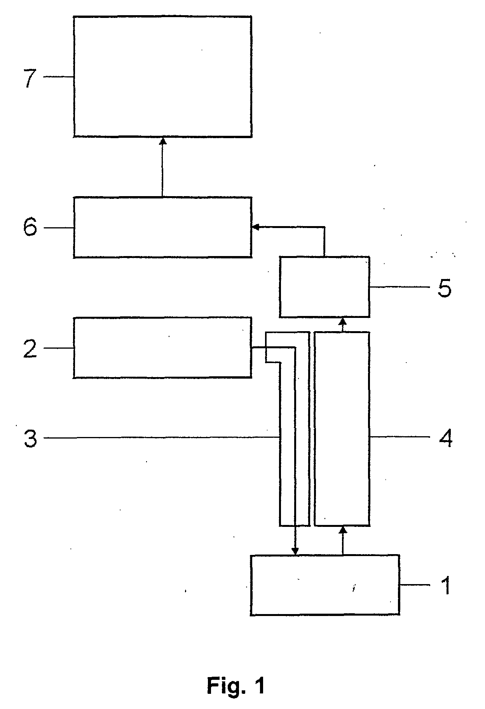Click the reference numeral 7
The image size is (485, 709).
pos(30,78)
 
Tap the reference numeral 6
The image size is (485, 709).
pos(30,227)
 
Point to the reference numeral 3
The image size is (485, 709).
pos(30,439)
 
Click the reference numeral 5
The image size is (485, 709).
pos(444,288)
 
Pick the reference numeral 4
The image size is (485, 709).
pos(445,439)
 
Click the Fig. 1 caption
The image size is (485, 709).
pos(236,685)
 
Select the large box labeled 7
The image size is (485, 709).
pos(162,77)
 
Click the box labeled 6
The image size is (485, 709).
pos(162,227)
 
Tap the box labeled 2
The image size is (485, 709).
pos(162,347)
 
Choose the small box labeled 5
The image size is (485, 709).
pos(324,286)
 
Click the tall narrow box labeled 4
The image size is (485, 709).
pos(342,428)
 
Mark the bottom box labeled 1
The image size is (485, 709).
pos(324,585)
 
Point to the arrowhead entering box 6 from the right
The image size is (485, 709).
pos(255,227)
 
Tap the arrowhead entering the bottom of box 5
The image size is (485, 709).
pos(343,321)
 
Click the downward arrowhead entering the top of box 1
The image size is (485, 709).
pos(295,551)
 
